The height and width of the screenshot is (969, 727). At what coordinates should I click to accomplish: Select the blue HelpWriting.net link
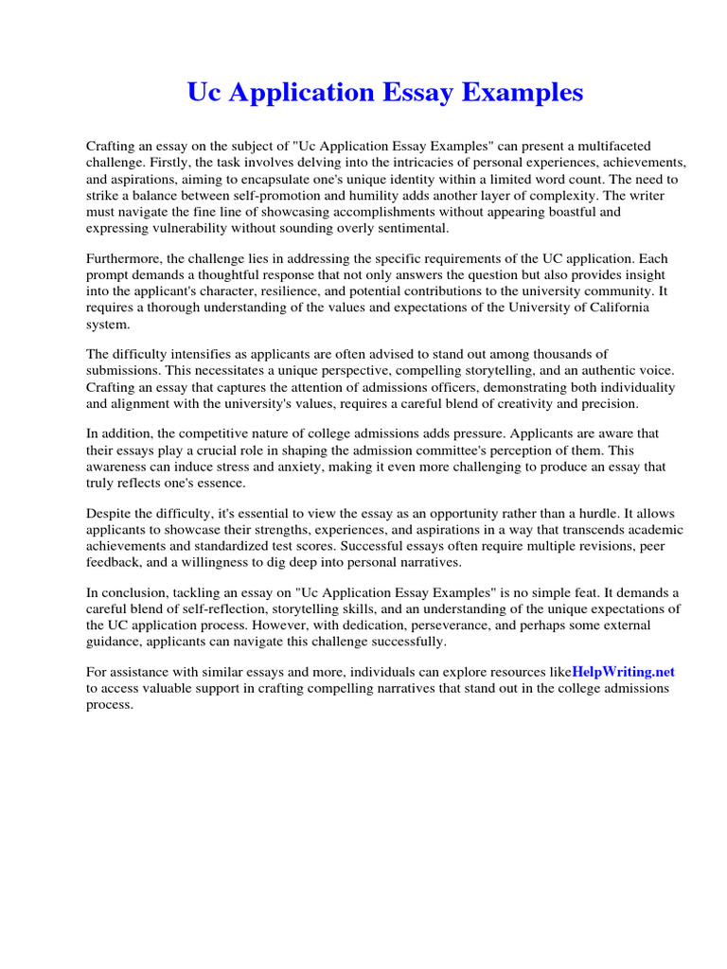(x=624, y=672)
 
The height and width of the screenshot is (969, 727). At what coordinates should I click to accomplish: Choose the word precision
(x=608, y=403)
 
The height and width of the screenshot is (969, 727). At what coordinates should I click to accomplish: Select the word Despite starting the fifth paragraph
(x=110, y=514)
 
